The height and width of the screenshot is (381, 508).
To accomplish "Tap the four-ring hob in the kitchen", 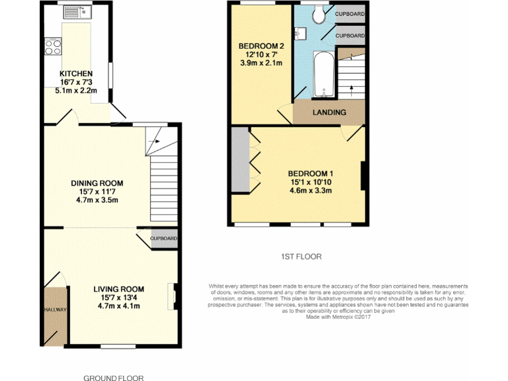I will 53,47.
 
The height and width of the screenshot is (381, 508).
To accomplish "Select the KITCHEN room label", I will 76,73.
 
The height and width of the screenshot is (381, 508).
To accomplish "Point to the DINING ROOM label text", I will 97,183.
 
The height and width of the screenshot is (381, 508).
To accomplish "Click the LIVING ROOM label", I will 118,289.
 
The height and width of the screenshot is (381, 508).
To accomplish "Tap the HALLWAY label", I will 56,309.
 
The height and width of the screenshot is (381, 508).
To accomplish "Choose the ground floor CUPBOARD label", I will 163,238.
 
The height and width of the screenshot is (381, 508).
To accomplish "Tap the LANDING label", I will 329,112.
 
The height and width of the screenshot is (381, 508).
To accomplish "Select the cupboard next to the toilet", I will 349,13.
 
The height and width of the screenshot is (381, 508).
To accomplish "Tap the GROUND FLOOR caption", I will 113,378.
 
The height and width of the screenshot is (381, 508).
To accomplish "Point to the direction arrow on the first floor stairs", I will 351,87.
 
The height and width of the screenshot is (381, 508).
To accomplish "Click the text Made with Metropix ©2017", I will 338,316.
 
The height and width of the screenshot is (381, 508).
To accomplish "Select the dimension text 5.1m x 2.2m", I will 76,91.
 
